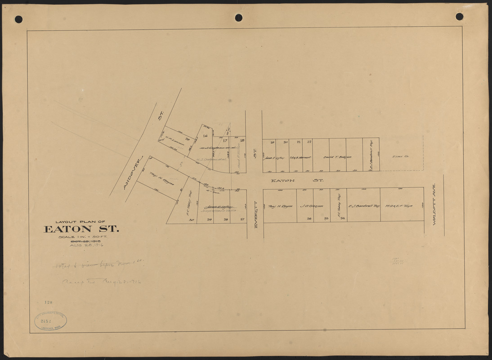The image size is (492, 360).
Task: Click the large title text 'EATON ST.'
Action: [x=81, y=229]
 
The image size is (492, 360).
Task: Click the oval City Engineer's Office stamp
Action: [x=50, y=321]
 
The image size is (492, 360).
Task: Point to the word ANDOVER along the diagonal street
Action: [x=133, y=173]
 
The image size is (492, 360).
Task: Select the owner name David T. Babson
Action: [x=337, y=157]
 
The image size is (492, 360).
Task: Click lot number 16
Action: [x=205, y=135]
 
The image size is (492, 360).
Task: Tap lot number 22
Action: [x=309, y=142]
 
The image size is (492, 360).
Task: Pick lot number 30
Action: [x=191, y=219]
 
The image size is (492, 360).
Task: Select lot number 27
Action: [x=242, y=219]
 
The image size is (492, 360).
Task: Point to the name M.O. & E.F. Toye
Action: [x=402, y=206]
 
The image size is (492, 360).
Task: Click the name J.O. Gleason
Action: [x=311, y=207]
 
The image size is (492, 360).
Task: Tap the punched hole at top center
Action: [x=238, y=18]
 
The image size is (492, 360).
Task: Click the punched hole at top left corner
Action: [x=18, y=19]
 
